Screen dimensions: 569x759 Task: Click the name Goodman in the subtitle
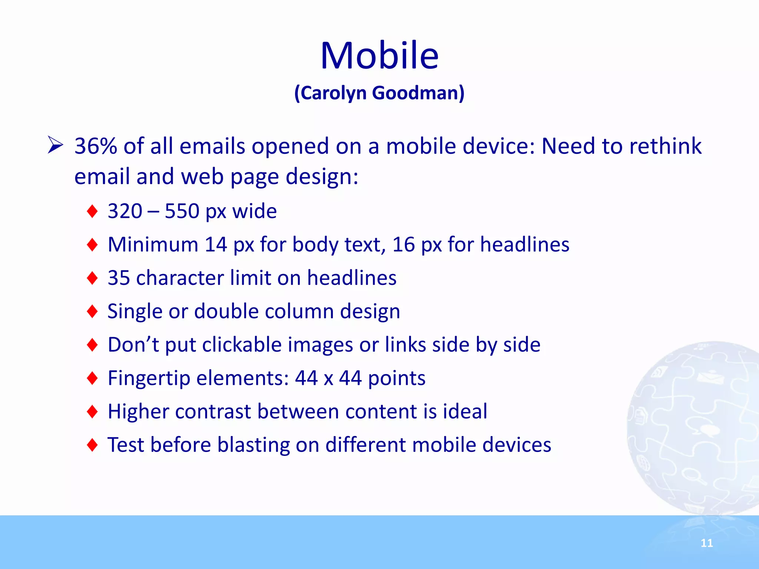click(418, 93)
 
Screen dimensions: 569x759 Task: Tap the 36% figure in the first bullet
click(96, 146)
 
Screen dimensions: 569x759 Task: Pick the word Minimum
click(153, 244)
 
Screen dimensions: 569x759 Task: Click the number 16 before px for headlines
click(403, 244)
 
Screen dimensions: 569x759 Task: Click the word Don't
click(133, 345)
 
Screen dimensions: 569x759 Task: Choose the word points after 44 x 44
click(397, 378)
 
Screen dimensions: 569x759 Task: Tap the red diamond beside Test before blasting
click(92, 445)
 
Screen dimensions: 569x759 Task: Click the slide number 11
click(706, 543)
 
